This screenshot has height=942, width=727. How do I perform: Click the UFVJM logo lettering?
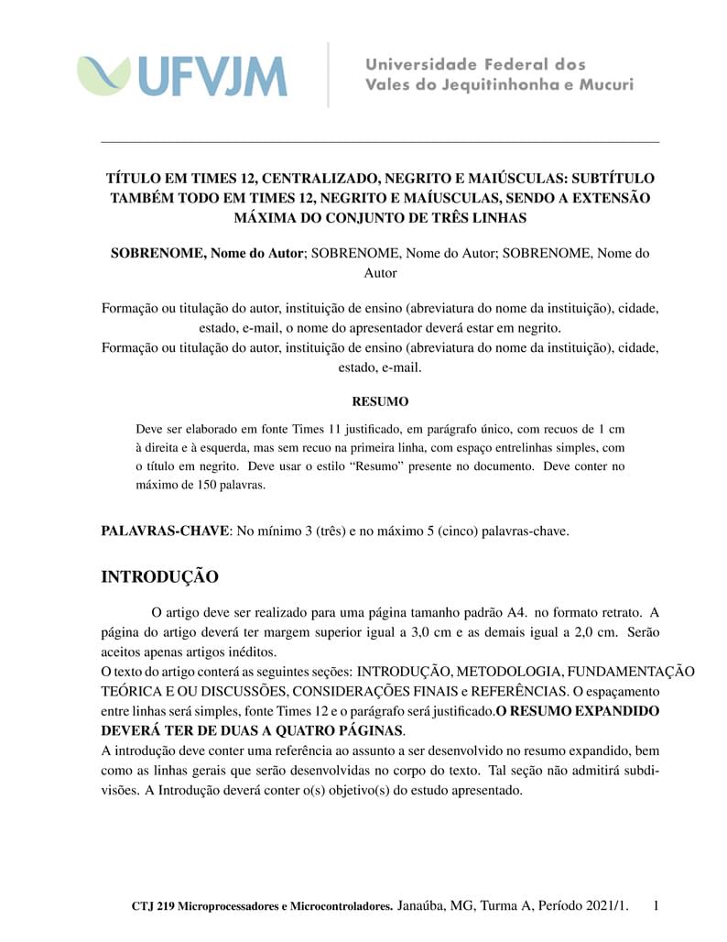pos(212,76)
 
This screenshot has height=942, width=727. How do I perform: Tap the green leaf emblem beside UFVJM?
pos(103,75)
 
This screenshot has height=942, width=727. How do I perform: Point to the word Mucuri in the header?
pos(604,85)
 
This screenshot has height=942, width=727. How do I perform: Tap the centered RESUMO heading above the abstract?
pos(380,401)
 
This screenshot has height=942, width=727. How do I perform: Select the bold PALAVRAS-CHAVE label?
pos(165,531)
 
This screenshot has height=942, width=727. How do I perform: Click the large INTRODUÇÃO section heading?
pos(159,577)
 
